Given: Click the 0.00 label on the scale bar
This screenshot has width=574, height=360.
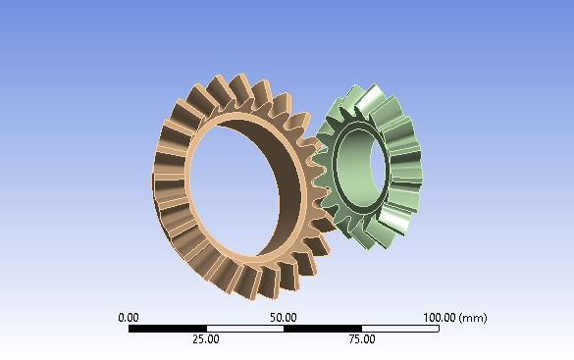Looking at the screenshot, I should click(128, 318).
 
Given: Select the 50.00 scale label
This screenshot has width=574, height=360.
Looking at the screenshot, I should click(284, 318).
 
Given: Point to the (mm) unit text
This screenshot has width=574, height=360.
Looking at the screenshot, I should click(473, 318).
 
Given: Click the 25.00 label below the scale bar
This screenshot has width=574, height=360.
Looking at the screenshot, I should click(205, 339).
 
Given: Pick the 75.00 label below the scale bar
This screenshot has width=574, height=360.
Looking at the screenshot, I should click(361, 339).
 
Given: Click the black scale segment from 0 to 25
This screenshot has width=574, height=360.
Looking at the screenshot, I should click(167, 329).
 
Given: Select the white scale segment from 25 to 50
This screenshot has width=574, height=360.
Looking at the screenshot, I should click(244, 329).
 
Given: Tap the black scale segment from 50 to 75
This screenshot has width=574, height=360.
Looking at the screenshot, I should click(322, 329).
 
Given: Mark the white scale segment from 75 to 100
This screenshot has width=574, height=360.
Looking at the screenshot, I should click(399, 329).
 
